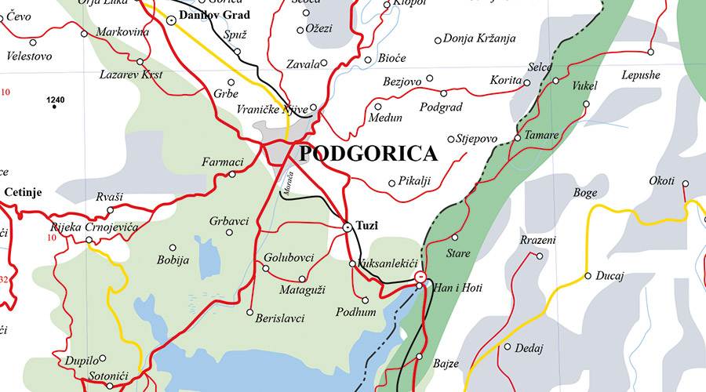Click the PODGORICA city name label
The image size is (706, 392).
pyautogui.click(x=368, y=154)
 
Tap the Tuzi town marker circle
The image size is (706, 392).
pyautogui.click(x=348, y=227)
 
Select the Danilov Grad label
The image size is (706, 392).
pyautogui.click(x=215, y=15)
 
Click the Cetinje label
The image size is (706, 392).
pyautogui.click(x=23, y=192)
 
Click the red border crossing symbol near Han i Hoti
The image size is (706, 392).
pyautogui.click(x=421, y=277)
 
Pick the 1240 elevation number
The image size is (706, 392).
pyautogui.click(x=55, y=100)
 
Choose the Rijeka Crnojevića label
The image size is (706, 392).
pyautogui.click(x=82, y=227)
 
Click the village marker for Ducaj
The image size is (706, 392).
pyautogui.click(x=588, y=276)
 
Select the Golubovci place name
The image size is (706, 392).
pyautogui.click(x=289, y=257)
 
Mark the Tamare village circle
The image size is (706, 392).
pyautogui.click(x=517, y=138)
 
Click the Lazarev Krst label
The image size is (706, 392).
pyautogui.click(x=130, y=74)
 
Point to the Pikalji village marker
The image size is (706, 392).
pyautogui.click(x=391, y=183)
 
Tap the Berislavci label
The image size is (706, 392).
pyautogui.click(x=279, y=319)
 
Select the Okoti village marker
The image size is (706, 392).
pyautogui.click(x=685, y=184)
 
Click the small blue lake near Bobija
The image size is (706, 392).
pyautogui.click(x=209, y=258)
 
